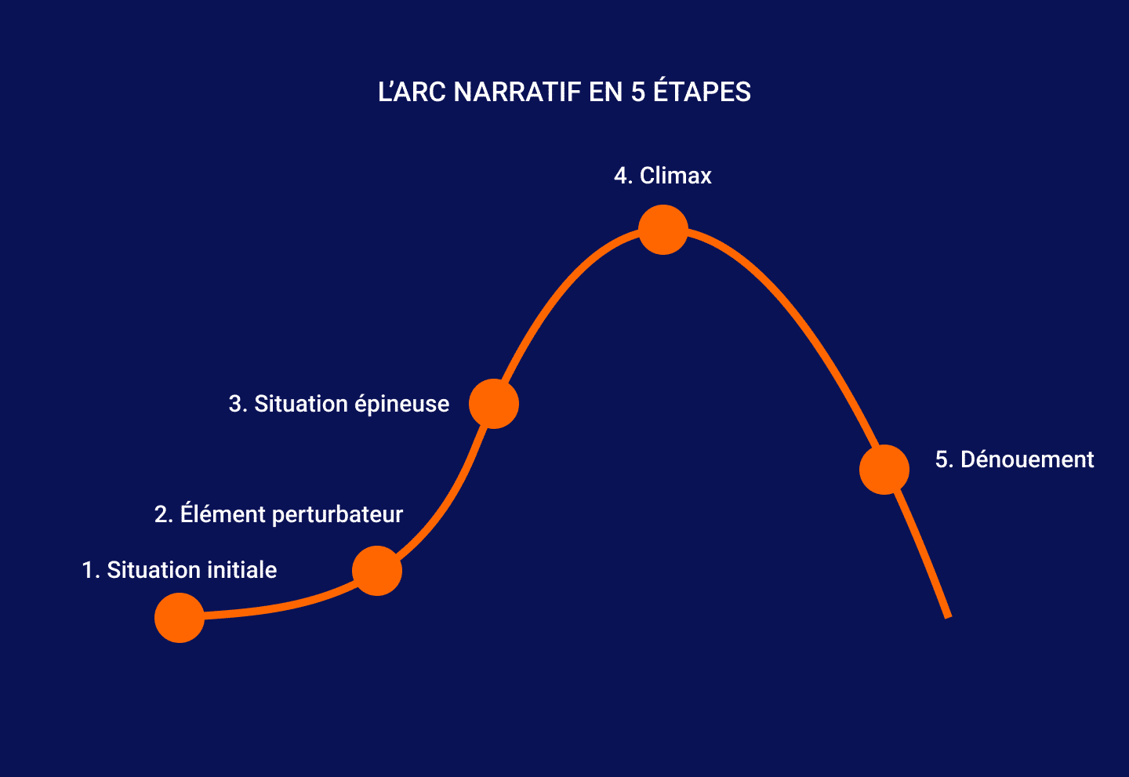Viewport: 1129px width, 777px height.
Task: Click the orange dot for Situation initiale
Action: pyautogui.click(x=180, y=618)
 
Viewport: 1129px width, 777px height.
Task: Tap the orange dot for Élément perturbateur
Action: pyautogui.click(x=377, y=571)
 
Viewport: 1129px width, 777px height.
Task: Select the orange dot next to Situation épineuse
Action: pyautogui.click(x=494, y=404)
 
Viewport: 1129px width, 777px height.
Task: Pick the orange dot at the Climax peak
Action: pyautogui.click(x=663, y=230)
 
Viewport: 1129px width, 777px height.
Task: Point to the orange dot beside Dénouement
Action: pyautogui.click(x=884, y=470)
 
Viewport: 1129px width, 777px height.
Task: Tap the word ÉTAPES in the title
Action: pyautogui.click(x=702, y=92)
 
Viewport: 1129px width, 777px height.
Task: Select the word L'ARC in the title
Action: pyautogui.click(x=412, y=93)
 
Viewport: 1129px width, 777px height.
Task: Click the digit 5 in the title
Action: pyautogui.click(x=638, y=93)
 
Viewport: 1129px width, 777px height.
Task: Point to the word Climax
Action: pyautogui.click(x=676, y=176)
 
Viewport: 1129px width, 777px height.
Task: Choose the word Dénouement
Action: pyautogui.click(x=1027, y=459)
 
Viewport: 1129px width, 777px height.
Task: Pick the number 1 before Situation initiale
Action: pyautogui.click(x=88, y=570)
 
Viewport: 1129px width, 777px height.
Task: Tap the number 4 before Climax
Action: pyautogui.click(x=622, y=176)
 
